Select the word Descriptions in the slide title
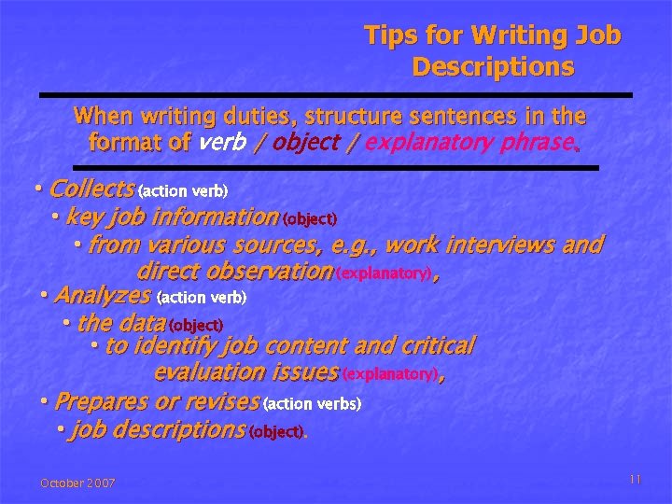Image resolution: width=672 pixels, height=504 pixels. click(493, 68)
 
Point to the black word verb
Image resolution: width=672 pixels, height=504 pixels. click(222, 143)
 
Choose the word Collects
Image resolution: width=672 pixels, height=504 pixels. click(91, 189)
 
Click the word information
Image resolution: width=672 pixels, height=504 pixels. click(216, 217)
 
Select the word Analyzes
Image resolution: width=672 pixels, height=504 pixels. click(103, 296)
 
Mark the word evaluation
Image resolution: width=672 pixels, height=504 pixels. click(208, 372)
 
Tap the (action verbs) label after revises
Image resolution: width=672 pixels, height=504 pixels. click(313, 405)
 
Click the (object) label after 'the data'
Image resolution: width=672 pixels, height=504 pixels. click(196, 326)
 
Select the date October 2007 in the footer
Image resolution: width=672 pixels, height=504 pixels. click(77, 483)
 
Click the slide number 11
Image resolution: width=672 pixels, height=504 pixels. click(635, 479)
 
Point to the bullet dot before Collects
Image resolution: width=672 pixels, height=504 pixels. click(38, 189)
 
